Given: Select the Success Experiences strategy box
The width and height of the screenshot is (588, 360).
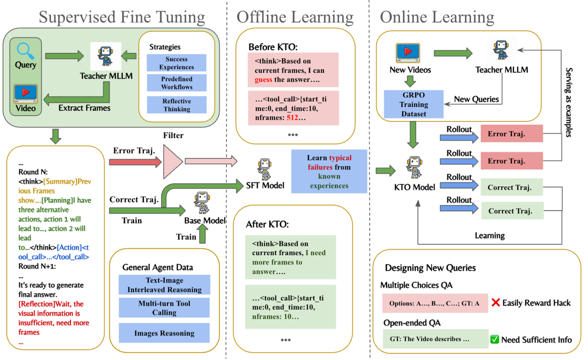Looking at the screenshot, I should [x=176, y=62].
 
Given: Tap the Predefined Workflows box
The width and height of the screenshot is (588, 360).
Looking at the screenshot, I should [x=176, y=83].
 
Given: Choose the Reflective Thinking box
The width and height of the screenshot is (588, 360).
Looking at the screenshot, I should [x=176, y=105].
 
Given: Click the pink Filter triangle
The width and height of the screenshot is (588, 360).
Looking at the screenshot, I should [x=172, y=162].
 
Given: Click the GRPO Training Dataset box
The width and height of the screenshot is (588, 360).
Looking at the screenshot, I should [x=414, y=104].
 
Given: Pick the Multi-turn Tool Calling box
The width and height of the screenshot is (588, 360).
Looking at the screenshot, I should [x=164, y=308].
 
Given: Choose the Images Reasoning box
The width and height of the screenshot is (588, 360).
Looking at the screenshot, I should [x=164, y=333].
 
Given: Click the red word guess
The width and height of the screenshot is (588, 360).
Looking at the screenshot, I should [x=264, y=80].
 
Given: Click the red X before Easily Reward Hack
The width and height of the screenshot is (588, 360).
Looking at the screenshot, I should [x=495, y=303].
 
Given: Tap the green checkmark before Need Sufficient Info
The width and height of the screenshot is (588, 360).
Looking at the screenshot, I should [x=494, y=340].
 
